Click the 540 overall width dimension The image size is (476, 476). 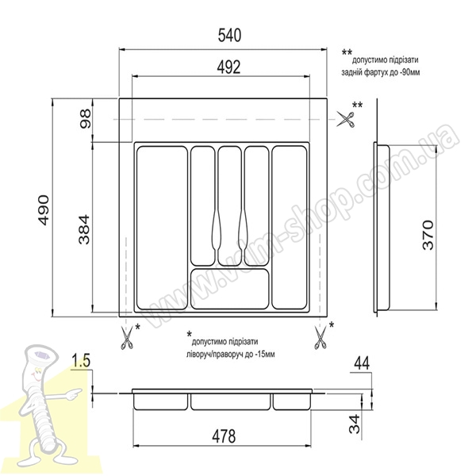click(x=229, y=35)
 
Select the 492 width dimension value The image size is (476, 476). click(x=229, y=67)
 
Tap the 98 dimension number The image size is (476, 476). click(x=85, y=119)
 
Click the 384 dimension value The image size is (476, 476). click(x=84, y=229)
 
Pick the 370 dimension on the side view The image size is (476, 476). click(x=428, y=235)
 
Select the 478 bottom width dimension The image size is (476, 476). click(x=224, y=436)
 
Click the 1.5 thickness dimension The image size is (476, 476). click(x=81, y=361)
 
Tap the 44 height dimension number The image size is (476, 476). click(x=362, y=363)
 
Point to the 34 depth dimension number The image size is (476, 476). click(x=355, y=424)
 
